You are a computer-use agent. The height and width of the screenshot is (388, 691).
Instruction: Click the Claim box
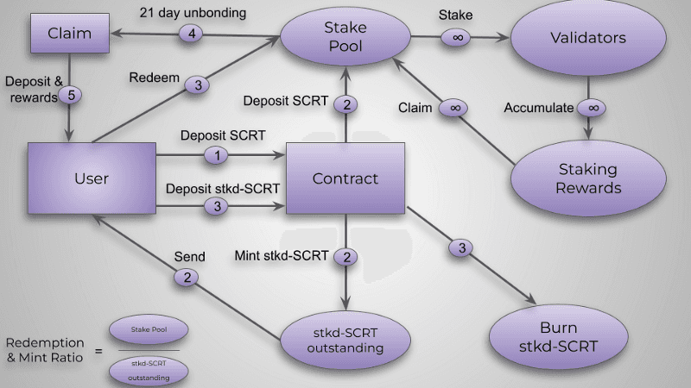pos(68,36)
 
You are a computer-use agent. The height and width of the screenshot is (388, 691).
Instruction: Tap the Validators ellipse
pos(588,39)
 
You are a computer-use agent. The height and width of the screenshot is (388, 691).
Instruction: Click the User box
pos(92,178)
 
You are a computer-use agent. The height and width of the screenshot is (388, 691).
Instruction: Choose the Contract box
pos(345,178)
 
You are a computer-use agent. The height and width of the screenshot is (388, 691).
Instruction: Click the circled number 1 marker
pos(218,156)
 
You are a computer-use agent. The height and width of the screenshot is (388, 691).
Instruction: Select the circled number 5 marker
pos(73,97)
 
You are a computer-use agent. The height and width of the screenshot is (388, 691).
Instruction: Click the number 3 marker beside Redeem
pos(198,84)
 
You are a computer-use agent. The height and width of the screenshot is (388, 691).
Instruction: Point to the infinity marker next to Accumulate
pos(592,108)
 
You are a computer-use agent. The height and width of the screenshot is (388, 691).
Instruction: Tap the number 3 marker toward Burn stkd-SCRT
pos(461,248)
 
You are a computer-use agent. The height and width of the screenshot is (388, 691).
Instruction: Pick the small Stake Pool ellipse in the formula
pos(148,329)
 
